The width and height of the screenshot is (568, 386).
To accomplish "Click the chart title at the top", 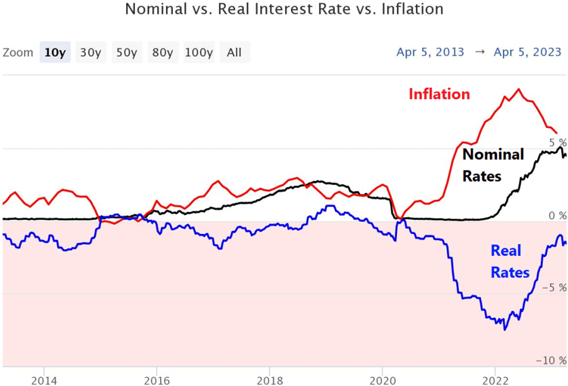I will [284, 10].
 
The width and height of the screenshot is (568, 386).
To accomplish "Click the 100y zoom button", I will [199, 52].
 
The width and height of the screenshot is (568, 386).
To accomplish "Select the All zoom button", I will [234, 52].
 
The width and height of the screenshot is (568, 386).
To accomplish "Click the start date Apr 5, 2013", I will [430, 52].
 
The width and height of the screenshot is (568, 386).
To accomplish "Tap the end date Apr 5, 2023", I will [528, 52].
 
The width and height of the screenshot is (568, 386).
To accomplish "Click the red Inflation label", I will [439, 95].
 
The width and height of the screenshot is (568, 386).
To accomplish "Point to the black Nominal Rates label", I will [492, 165].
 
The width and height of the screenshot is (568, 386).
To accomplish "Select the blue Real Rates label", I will [510, 262].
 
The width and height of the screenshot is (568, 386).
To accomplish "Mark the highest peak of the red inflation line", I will [519, 89].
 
